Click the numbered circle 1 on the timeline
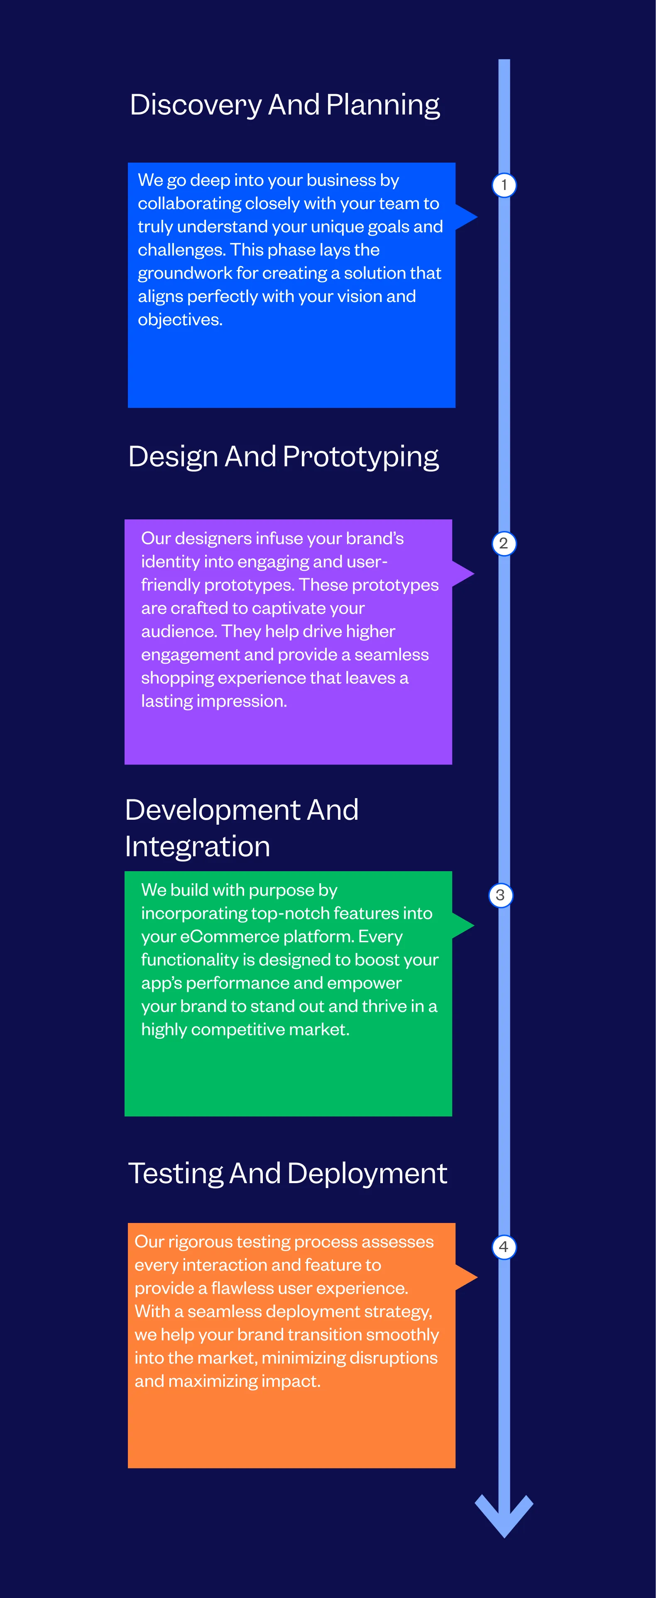(x=504, y=185)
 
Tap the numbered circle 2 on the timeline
(x=504, y=543)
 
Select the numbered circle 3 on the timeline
(x=501, y=895)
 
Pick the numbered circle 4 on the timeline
(x=504, y=1247)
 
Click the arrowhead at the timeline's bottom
(x=504, y=1517)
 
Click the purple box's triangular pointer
(x=463, y=574)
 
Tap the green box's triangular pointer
(x=463, y=926)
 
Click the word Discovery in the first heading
(x=196, y=105)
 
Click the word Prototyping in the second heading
(x=361, y=457)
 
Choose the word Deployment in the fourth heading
(x=367, y=1174)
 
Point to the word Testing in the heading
(x=176, y=1174)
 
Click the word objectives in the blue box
(x=180, y=319)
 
